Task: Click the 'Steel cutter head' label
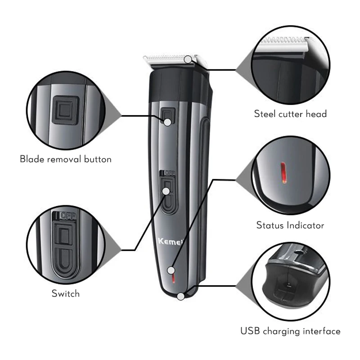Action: pos(290,114)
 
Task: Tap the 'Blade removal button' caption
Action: pos(66,159)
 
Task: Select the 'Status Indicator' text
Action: pos(290,225)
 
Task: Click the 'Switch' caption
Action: pos(66,293)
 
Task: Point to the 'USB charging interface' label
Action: pos(290,331)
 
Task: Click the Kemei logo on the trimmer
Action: pos(171,242)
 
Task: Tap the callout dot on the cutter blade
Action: pos(188,59)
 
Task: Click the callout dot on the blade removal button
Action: pos(167,122)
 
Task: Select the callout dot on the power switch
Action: pos(166,191)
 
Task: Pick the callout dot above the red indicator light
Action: pos(171,270)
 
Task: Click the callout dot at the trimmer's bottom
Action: pos(181,297)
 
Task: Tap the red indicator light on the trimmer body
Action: pos(174,279)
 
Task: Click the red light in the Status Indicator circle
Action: pos(284,173)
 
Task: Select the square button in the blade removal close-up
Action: pos(66,110)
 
